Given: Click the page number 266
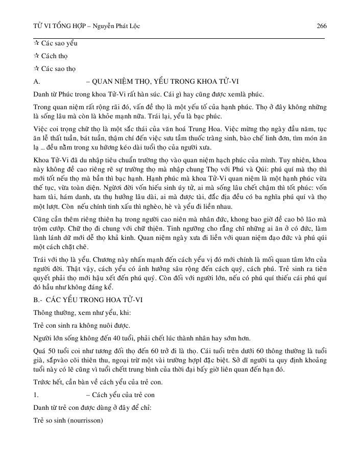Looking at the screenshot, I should click(322, 26).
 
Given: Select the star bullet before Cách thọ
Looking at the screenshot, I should click(36, 56).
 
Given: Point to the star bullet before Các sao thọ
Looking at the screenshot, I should click(36, 68).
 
